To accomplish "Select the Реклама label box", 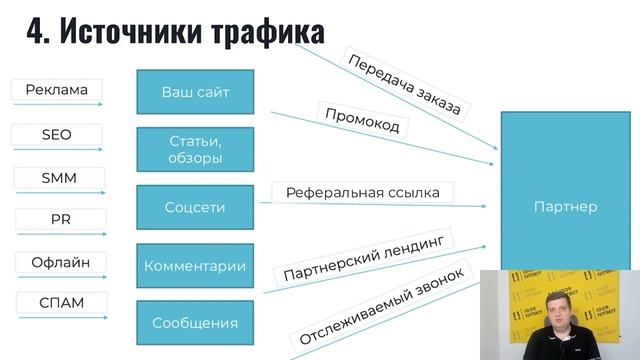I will coord(57,90).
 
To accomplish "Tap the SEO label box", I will coord(56,135).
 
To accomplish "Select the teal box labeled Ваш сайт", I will coord(195,93).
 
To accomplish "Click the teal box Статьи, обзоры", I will coord(195,150).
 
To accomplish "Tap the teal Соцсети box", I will coord(195,207).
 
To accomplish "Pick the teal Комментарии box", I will coord(195,266).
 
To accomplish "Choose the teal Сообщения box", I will coord(195,322).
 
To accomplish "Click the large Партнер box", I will coord(565,207).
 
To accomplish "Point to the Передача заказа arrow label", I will coord(404,83).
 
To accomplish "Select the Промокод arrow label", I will coord(362,119).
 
